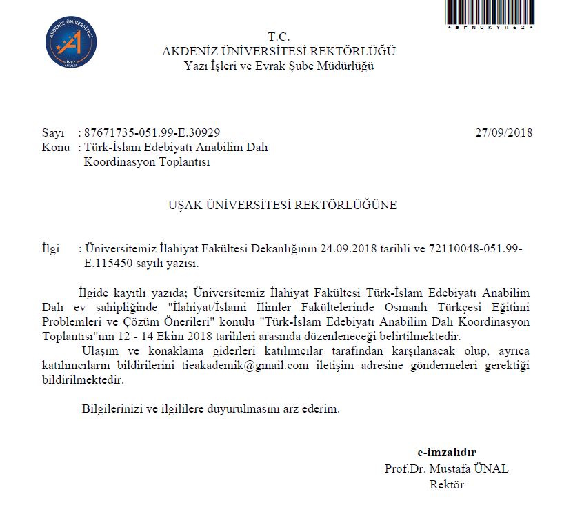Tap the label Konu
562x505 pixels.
tap(56, 148)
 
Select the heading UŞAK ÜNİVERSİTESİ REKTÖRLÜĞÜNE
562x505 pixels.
tap(283, 205)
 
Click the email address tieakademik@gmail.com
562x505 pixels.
tap(245, 366)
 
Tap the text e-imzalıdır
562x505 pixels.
tap(446, 453)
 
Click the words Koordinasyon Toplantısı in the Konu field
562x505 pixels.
tap(146, 162)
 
